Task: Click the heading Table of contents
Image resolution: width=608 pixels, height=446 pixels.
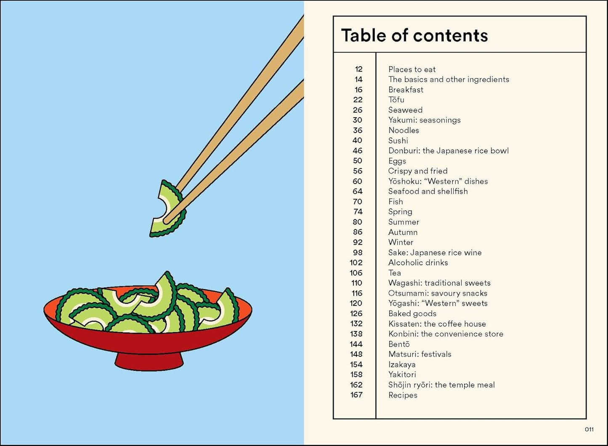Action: pos(414,35)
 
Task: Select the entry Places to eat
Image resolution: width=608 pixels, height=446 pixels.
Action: pos(412,69)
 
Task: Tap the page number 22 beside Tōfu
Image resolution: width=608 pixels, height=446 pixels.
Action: pos(358,100)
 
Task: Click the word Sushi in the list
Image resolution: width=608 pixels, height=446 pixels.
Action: pos(398,141)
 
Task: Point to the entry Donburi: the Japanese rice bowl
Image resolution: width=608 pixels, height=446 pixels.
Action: pos(448,151)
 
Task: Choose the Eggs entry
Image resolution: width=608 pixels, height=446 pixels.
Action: pos(397,161)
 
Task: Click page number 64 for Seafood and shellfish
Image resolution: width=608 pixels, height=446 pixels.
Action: pos(358,191)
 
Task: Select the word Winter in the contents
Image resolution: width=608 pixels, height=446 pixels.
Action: pos(401,242)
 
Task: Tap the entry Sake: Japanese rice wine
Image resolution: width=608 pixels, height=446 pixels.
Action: pos(435,253)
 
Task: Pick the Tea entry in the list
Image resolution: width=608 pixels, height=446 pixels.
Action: pos(394,273)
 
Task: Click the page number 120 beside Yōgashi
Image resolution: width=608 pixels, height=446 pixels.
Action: pos(356,303)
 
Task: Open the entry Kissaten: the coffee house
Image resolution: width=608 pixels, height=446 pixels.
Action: pos(437,324)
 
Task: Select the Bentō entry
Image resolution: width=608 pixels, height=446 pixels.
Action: pos(399,344)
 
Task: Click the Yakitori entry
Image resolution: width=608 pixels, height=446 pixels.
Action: pos(402,374)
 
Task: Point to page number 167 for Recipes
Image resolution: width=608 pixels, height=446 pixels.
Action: pos(356,395)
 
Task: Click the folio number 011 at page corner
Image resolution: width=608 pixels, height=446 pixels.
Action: pos(589,430)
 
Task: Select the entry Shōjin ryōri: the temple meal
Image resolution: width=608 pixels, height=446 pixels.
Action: pos(441,385)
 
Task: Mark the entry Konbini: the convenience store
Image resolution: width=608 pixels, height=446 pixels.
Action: pos(446,334)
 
